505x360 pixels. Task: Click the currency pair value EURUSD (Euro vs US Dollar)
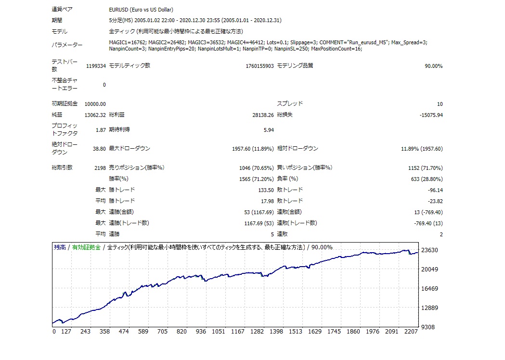point(141,10)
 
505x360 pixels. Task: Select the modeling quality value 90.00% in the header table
point(433,66)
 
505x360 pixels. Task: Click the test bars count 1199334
point(96,66)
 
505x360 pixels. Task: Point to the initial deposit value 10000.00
point(95,104)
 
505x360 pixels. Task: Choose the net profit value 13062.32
point(95,115)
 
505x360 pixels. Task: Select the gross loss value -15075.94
point(431,115)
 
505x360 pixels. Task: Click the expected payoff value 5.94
point(269,130)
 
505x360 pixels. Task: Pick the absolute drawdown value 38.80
point(99,149)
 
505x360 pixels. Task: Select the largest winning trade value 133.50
point(266,190)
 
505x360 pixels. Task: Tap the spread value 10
point(440,104)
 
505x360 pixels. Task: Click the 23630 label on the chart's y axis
point(429,250)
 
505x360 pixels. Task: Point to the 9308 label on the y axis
point(427,327)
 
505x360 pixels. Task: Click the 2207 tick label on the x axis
point(411,332)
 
